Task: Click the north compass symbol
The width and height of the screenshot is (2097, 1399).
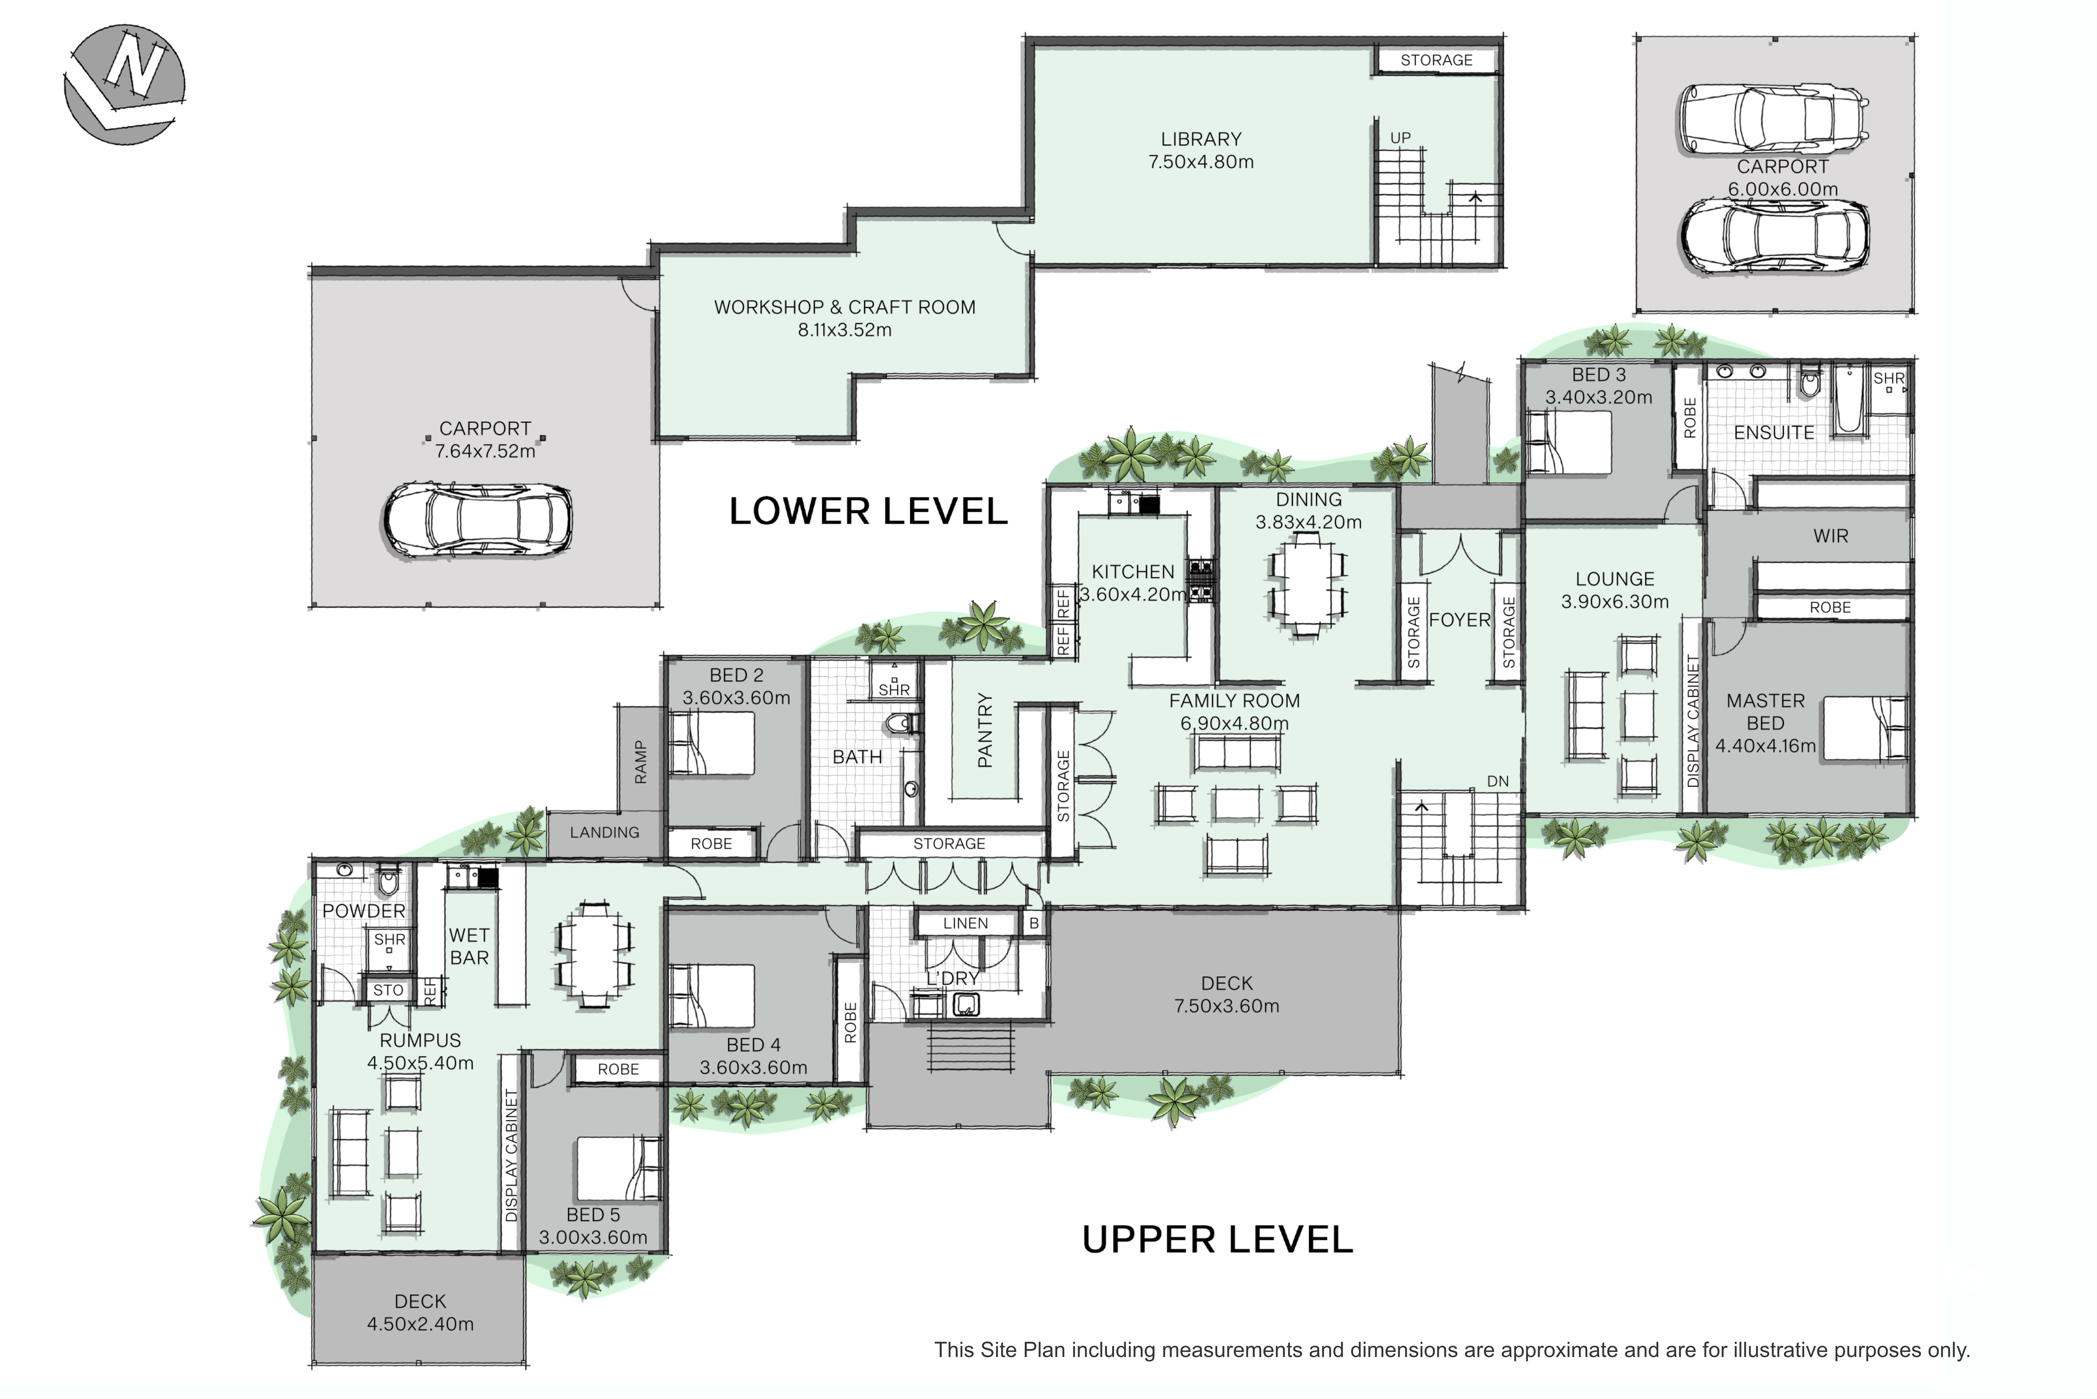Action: [x=125, y=84]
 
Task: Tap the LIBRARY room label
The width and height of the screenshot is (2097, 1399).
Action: [x=1201, y=139]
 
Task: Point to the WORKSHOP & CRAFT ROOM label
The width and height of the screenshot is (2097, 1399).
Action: [x=845, y=307]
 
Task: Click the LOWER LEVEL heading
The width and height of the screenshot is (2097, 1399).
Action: [x=868, y=511]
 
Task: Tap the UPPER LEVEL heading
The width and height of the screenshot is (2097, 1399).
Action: [x=1217, y=1239]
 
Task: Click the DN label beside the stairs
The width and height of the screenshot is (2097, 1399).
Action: [x=1497, y=782]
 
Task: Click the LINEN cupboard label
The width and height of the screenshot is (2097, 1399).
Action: [x=965, y=924]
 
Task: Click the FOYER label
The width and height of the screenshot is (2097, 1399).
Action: [x=1459, y=620]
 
